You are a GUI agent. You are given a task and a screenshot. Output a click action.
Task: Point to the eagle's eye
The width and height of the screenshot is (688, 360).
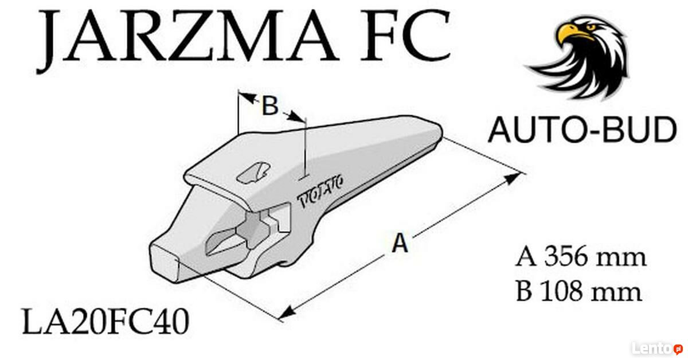pyautogui.click(x=591, y=28)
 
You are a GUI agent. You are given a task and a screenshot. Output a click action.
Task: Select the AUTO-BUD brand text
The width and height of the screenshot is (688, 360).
pyautogui.click(x=583, y=130)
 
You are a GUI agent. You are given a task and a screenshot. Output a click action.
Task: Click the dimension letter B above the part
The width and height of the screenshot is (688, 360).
pyautogui.click(x=270, y=105)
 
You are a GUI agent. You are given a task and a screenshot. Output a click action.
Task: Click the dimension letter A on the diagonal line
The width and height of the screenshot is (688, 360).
pyautogui.click(x=400, y=242)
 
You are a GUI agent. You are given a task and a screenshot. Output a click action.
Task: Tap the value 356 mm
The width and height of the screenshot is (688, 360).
pyautogui.click(x=595, y=256)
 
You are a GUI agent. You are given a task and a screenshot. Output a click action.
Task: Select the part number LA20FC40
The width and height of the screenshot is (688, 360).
pyautogui.click(x=105, y=322)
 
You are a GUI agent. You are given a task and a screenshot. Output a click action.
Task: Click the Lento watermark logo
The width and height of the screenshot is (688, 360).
pyautogui.click(x=657, y=349)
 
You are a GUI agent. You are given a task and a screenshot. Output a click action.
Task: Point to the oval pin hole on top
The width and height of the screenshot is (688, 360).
pyautogui.click(x=253, y=173)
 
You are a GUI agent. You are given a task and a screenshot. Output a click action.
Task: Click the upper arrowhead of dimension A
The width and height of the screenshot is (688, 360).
pyautogui.click(x=513, y=178)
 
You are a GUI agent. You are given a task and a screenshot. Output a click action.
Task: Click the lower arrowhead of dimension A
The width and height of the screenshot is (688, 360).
pyautogui.click(x=287, y=312)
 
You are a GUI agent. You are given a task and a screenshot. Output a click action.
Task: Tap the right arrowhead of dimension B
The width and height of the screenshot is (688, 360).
pyautogui.click(x=296, y=116)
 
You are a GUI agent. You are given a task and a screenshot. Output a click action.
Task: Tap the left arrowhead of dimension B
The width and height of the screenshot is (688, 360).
pyautogui.click(x=247, y=97)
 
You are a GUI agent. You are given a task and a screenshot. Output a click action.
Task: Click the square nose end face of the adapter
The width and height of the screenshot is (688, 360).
pyautogui.click(x=163, y=262)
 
